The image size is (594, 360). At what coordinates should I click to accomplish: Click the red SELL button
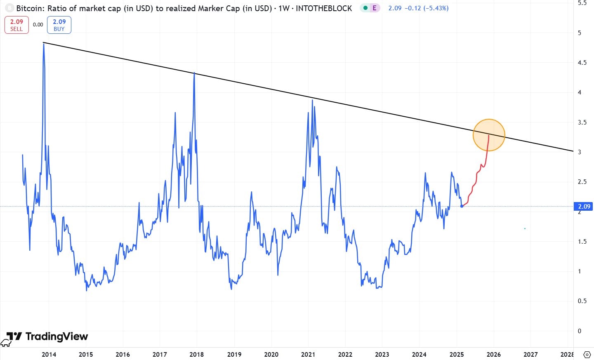click(x=16, y=25)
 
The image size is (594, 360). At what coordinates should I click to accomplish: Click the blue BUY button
click(x=59, y=25)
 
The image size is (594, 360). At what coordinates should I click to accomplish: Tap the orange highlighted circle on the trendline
click(x=489, y=135)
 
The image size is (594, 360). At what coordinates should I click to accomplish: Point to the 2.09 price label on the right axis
click(x=584, y=207)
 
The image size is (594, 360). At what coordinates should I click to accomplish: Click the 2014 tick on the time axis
click(x=49, y=354)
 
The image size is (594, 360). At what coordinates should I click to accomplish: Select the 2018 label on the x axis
click(x=197, y=354)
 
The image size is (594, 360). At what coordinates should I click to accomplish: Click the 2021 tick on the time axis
click(x=308, y=354)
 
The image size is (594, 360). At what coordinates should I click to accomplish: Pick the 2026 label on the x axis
click(x=493, y=354)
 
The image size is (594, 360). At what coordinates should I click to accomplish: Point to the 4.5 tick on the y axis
click(x=582, y=63)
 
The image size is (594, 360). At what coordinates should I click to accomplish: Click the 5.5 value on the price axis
click(x=582, y=3)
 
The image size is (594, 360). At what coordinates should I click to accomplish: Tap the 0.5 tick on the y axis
click(x=582, y=301)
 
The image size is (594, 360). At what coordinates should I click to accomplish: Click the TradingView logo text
click(x=57, y=336)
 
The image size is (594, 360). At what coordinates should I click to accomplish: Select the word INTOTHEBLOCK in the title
click(x=324, y=8)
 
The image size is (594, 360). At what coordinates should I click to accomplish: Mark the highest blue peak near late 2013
click(x=44, y=43)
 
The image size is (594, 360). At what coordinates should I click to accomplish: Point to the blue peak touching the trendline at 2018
click(x=194, y=73)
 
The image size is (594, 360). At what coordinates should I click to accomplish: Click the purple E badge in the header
click(x=374, y=8)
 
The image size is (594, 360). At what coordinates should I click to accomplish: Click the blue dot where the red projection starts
click(x=462, y=206)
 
